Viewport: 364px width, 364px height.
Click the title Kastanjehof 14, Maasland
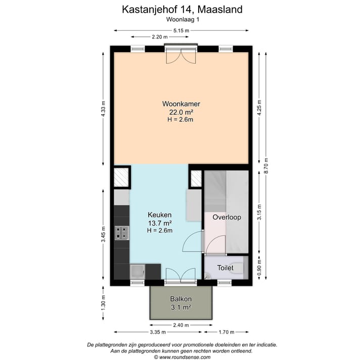coord(182,9)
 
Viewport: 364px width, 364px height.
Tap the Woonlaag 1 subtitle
coord(182,20)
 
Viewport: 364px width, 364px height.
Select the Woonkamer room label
coord(181,105)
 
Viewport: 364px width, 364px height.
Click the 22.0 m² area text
coord(181,112)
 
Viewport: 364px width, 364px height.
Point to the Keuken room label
coord(160,215)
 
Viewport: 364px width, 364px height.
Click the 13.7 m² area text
coord(160,223)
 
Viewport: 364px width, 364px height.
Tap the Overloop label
coord(226,217)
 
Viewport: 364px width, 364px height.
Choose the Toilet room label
coord(225,268)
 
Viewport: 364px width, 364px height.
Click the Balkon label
coord(180,299)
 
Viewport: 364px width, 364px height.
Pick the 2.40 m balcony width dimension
coord(180,325)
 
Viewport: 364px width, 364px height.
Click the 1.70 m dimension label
coord(226,332)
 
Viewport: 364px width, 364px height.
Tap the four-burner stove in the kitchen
coord(121,233)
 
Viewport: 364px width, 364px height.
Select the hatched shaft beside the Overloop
coord(196,178)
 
